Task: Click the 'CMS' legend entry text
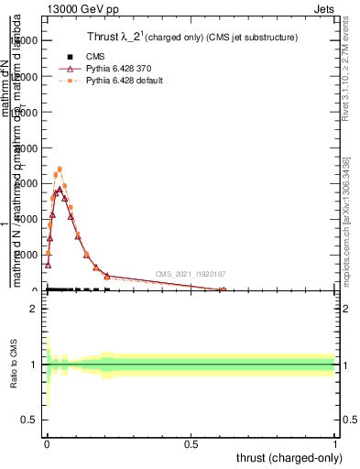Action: pyautogui.click(x=95, y=57)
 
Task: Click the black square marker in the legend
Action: pyautogui.click(x=70, y=57)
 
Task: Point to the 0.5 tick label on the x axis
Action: pyautogui.click(x=191, y=444)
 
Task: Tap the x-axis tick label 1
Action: pyautogui.click(x=335, y=444)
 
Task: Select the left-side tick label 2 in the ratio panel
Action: pyautogui.click(x=34, y=310)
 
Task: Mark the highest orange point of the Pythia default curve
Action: pyautogui.click(x=60, y=169)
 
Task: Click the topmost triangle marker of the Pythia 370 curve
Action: pyautogui.click(x=60, y=191)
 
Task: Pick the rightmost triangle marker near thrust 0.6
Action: pyautogui.click(x=223, y=290)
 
